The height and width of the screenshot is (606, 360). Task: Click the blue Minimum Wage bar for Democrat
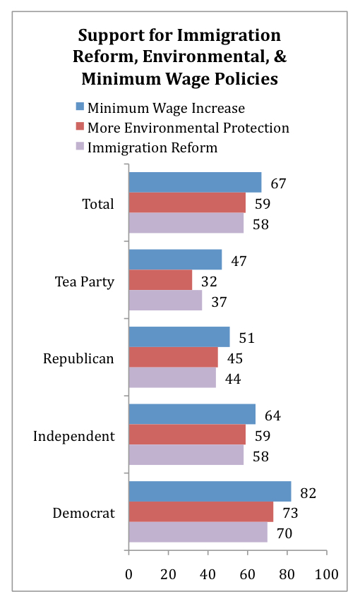coord(210,491)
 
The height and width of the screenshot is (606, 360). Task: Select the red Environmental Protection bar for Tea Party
coord(160,280)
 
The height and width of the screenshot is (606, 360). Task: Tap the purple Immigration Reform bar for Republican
coord(172,377)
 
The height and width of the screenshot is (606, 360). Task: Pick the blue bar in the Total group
coord(196,182)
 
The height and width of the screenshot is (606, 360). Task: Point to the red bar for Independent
coord(187,435)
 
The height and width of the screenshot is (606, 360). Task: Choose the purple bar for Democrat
coord(198,532)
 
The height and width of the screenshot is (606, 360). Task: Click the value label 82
coord(308,493)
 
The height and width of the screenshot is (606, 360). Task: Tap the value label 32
coord(209,281)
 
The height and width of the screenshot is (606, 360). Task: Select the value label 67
coord(278,183)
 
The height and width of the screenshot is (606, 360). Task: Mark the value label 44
coord(233,379)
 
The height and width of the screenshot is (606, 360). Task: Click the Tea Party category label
coord(85,281)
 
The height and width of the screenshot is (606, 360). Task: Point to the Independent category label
coord(74,437)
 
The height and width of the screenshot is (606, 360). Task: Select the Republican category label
coord(78,359)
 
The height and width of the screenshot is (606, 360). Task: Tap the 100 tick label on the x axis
coord(326,574)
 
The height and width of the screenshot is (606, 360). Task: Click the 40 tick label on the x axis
coord(208,574)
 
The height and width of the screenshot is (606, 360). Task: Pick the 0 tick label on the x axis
coord(128,574)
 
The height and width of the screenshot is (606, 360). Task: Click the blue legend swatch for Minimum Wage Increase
coord(80,107)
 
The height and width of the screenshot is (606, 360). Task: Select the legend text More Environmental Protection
coord(188,128)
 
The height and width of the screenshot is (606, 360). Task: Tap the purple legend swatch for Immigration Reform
coord(80,146)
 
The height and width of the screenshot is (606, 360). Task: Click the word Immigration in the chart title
coord(229,36)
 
